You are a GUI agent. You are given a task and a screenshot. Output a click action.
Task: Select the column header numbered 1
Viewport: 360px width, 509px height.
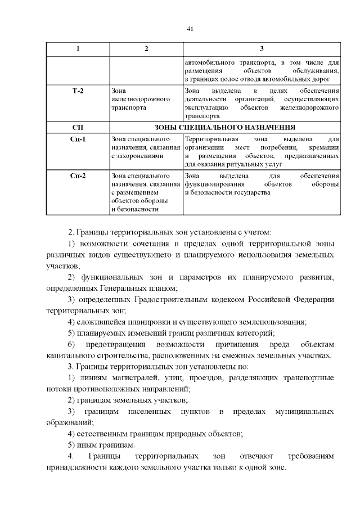click(x=78, y=49)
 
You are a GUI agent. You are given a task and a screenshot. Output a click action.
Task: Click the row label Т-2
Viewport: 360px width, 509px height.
click(x=78, y=91)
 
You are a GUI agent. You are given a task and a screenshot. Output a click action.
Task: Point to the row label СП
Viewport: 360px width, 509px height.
click(x=78, y=127)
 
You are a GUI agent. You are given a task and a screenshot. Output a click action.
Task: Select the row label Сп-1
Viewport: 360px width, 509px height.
click(x=78, y=139)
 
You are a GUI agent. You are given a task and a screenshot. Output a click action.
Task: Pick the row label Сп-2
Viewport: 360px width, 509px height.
click(x=78, y=177)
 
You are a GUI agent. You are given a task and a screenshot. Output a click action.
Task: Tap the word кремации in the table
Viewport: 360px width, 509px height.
click(x=324, y=147)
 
